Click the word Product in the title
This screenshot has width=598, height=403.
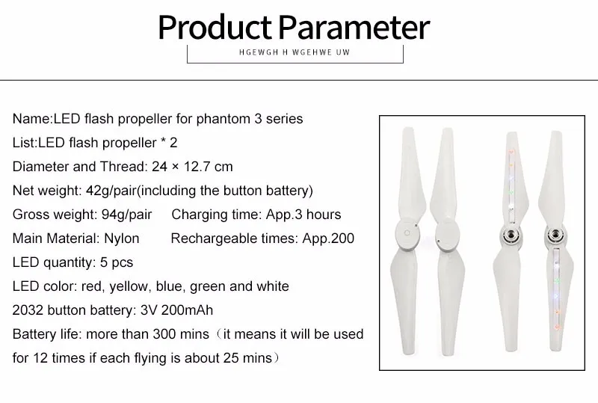(215, 28)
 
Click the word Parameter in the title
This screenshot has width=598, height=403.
(354, 28)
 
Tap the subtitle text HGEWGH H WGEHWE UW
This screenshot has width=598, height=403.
(295, 52)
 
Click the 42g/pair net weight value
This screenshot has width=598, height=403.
(111, 191)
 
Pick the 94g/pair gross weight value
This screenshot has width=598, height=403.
(126, 215)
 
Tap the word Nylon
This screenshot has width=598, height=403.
(122, 239)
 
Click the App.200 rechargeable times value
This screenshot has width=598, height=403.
(328, 239)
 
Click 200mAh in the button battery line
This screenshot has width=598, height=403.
(187, 310)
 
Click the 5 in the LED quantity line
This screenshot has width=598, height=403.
(104, 262)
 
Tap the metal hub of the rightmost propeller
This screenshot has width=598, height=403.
(555, 234)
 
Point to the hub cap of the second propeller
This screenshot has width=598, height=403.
(446, 235)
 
